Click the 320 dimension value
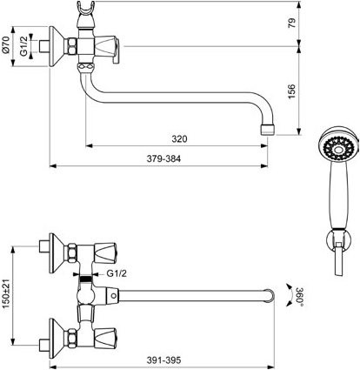tap(179, 139)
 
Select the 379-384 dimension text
tap(163, 159)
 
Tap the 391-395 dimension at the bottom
tap(163, 360)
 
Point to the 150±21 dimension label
tap(7, 293)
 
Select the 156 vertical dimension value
tap(291, 91)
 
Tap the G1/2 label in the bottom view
tap(117, 273)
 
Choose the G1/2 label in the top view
tap(24, 46)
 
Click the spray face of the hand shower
tap(337, 150)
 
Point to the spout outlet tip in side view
tap(268, 130)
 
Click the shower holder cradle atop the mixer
tap(86, 8)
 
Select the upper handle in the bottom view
tap(105, 252)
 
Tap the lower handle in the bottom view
tap(105, 338)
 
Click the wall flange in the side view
tap(57, 46)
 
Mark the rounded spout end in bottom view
tap(270, 295)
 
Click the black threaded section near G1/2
tap(86, 279)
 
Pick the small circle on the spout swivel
tap(114, 296)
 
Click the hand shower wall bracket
tap(338, 240)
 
